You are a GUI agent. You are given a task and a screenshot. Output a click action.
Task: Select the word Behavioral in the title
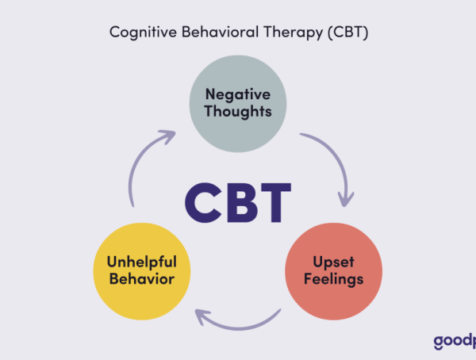(208, 33)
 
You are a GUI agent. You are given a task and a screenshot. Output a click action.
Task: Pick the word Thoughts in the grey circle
(237, 111)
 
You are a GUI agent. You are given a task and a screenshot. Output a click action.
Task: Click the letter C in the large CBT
(204, 202)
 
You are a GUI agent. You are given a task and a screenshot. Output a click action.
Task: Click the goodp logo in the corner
(454, 342)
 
